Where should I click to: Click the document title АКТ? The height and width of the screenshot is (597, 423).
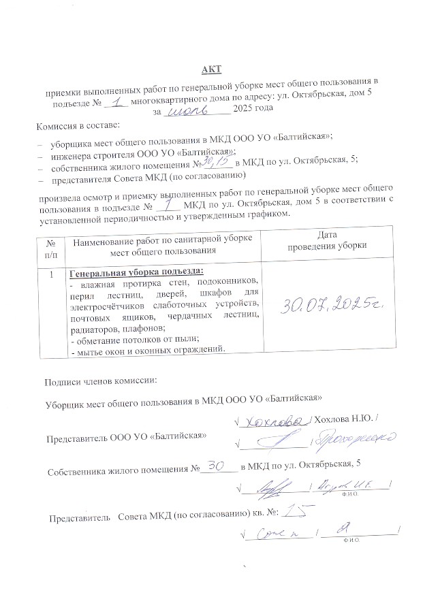pos(211,70)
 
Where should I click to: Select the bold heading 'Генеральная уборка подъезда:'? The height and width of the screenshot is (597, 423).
pos(131,272)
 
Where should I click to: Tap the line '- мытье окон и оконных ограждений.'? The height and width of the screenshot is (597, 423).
pos(148,350)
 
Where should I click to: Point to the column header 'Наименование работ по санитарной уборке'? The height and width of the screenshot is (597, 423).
pos(163,238)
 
